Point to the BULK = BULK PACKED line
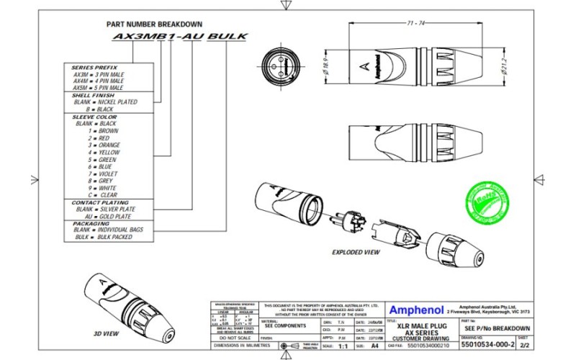click(x=103, y=237)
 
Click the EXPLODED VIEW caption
click(x=356, y=253)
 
